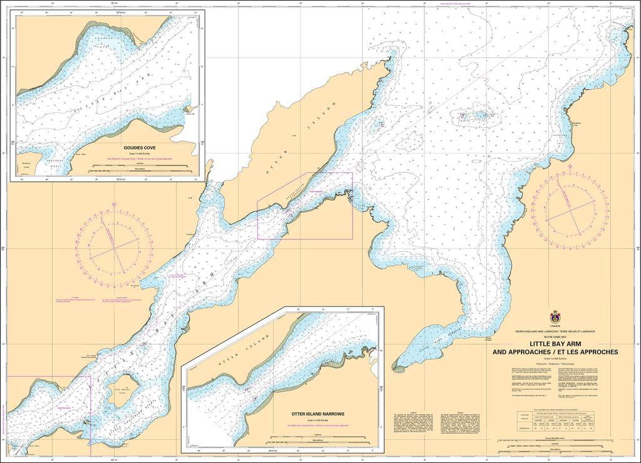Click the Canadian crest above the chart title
(555, 317)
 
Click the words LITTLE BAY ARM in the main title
(555, 344)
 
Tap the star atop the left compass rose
(114, 205)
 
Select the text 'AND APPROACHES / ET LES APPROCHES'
(555, 352)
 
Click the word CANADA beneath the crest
(555, 326)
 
